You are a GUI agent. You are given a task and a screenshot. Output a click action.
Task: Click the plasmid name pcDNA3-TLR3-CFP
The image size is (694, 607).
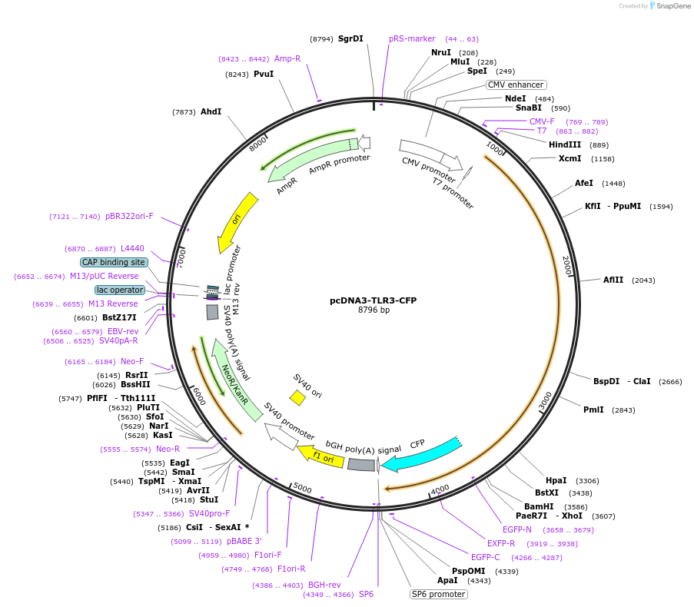[x=374, y=300]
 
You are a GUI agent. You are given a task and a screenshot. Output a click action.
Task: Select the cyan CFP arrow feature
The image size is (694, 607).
[x=419, y=455]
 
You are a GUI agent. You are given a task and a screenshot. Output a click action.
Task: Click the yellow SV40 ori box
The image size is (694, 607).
[x=297, y=396]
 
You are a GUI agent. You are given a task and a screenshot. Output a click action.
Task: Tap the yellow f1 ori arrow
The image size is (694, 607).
[x=320, y=456]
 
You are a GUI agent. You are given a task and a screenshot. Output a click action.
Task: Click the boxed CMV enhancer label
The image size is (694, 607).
[x=516, y=85]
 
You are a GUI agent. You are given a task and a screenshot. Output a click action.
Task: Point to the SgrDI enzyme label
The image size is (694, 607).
[x=350, y=38]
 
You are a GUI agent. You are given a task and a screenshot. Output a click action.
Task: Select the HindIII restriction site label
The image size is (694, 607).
[x=568, y=144]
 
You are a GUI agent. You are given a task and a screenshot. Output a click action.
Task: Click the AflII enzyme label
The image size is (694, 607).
[x=613, y=280]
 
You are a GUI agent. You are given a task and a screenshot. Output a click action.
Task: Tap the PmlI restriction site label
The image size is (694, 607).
[x=593, y=410]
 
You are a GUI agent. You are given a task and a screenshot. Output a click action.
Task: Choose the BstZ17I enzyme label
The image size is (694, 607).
[x=119, y=317]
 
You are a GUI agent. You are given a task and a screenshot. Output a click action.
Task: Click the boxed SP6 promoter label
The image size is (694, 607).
[x=438, y=594]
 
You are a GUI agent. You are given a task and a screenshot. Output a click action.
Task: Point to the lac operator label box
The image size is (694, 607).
[x=120, y=290]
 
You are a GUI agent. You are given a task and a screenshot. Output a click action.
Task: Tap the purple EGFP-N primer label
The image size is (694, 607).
[x=517, y=529]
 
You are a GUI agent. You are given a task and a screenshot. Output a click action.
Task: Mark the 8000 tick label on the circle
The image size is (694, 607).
[x=257, y=143]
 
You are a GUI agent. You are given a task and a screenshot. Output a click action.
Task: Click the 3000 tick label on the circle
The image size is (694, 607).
[x=544, y=402]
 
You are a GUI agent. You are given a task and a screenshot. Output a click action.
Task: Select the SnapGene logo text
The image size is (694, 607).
[x=672, y=6]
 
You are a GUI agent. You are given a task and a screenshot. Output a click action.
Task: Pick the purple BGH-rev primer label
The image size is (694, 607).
[x=324, y=585]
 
